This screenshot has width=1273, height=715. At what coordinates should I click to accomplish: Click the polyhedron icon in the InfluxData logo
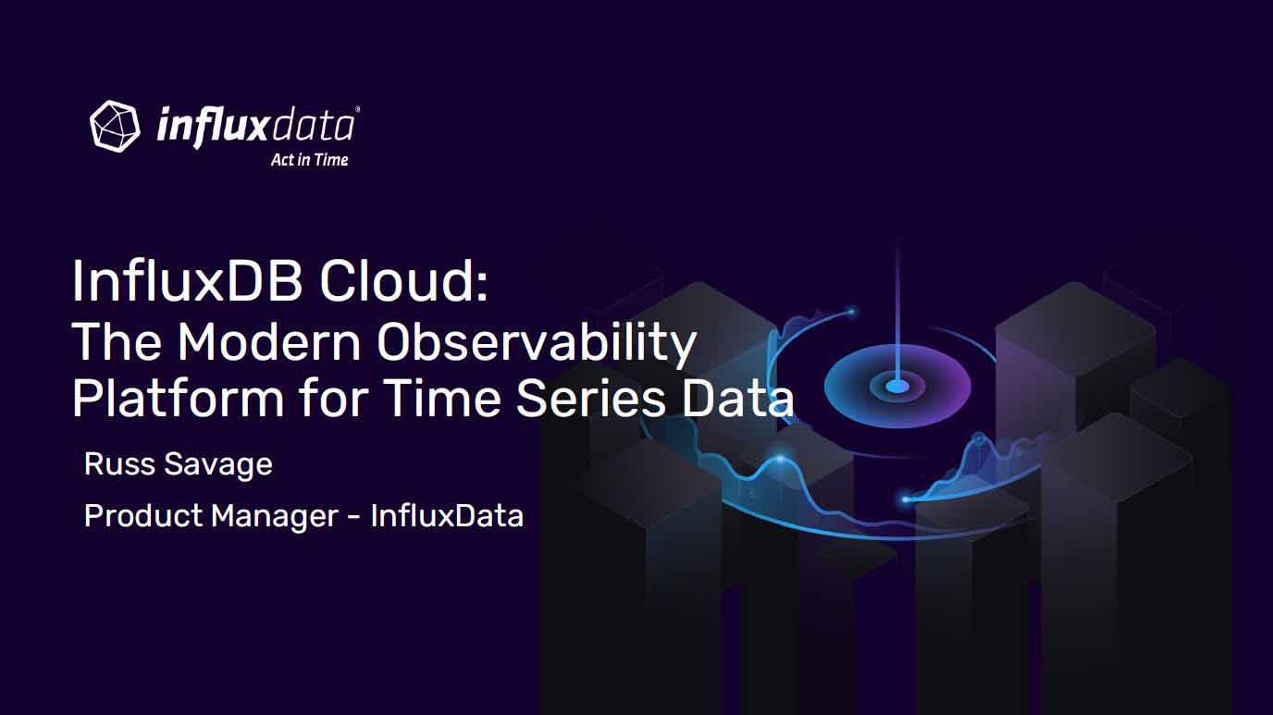click(115, 126)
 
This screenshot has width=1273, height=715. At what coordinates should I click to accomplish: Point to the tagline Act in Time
click(310, 160)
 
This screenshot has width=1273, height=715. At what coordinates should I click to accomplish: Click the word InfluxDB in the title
click(186, 281)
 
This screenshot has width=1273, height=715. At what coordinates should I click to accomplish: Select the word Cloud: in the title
click(403, 281)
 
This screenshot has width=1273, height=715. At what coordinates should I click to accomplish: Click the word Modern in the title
click(269, 341)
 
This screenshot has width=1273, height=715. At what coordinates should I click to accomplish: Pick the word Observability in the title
click(537, 343)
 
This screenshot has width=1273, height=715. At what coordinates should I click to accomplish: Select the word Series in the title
click(590, 398)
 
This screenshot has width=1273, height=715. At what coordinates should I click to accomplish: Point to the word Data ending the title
click(737, 398)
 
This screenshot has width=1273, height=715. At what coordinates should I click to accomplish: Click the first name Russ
click(119, 464)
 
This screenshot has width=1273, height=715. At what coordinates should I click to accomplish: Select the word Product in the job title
click(143, 516)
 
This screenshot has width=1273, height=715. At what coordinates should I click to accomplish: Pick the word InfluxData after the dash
click(447, 516)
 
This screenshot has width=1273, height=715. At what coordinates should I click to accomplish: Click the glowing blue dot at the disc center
click(897, 387)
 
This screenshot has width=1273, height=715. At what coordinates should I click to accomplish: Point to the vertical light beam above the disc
click(897, 313)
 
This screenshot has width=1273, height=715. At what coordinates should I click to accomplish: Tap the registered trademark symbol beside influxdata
click(357, 108)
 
